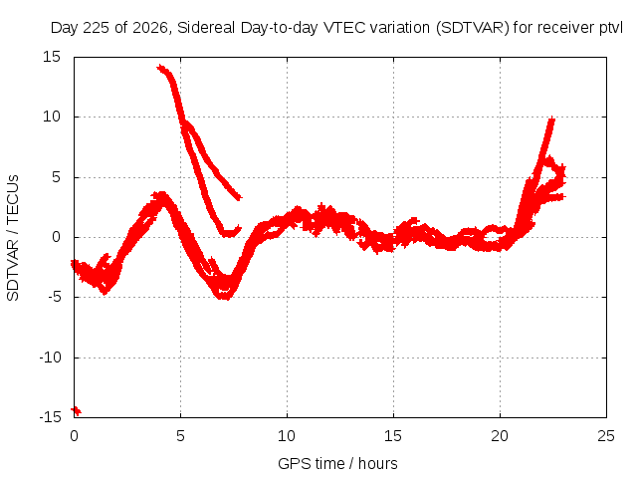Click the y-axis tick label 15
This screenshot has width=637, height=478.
52,57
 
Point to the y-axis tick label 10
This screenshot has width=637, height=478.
52,117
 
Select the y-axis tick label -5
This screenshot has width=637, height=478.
54,297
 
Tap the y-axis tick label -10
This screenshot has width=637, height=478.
50,358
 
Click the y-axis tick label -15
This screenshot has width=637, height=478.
50,417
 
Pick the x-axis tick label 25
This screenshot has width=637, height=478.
606,436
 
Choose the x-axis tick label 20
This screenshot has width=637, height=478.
500,436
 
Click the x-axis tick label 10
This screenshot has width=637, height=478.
287,436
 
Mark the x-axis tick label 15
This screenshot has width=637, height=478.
393,436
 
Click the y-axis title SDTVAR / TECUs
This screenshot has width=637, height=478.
13,238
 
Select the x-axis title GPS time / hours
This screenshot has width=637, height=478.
337,463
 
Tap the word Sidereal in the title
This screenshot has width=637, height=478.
206,28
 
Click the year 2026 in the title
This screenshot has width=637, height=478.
150,28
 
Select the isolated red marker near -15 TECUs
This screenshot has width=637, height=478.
76,411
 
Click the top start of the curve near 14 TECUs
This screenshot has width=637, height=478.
160,68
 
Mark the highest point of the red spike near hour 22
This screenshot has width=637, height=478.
551,119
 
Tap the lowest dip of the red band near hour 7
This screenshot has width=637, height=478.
225,297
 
